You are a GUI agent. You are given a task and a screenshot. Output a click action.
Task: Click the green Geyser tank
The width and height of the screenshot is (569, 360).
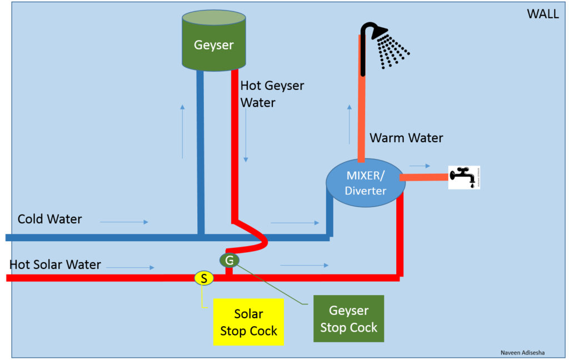point(214,42)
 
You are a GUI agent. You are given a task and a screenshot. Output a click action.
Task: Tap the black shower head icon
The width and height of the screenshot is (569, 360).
point(383,44)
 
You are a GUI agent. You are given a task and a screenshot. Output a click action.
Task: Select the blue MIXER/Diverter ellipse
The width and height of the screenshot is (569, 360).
point(365,183)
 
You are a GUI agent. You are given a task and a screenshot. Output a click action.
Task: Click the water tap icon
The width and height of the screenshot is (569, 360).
point(464,177)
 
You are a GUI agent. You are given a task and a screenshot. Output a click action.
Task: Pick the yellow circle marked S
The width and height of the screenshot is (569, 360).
point(204,278)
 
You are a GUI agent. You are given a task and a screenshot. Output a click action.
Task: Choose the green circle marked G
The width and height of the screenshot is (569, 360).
point(229,259)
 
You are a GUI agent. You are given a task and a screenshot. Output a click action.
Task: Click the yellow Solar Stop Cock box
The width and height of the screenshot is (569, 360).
point(248,322)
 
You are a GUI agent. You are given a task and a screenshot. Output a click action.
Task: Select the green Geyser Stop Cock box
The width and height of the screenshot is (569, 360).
point(348,318)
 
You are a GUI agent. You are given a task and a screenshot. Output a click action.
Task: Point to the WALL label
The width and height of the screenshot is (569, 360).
point(542,14)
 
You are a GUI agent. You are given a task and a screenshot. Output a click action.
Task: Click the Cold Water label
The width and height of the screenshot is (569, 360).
point(49,219)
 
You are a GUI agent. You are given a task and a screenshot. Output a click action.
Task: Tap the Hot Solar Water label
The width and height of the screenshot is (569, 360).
point(56,264)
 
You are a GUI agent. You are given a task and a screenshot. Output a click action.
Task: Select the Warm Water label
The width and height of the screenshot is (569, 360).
point(406,138)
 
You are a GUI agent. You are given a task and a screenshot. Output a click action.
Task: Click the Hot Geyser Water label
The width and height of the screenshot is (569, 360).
point(272,94)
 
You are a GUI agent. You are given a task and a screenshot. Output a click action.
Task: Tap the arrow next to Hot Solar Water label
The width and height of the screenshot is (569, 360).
point(131,268)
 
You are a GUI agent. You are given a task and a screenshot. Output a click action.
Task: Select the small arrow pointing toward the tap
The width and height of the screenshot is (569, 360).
point(420,166)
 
